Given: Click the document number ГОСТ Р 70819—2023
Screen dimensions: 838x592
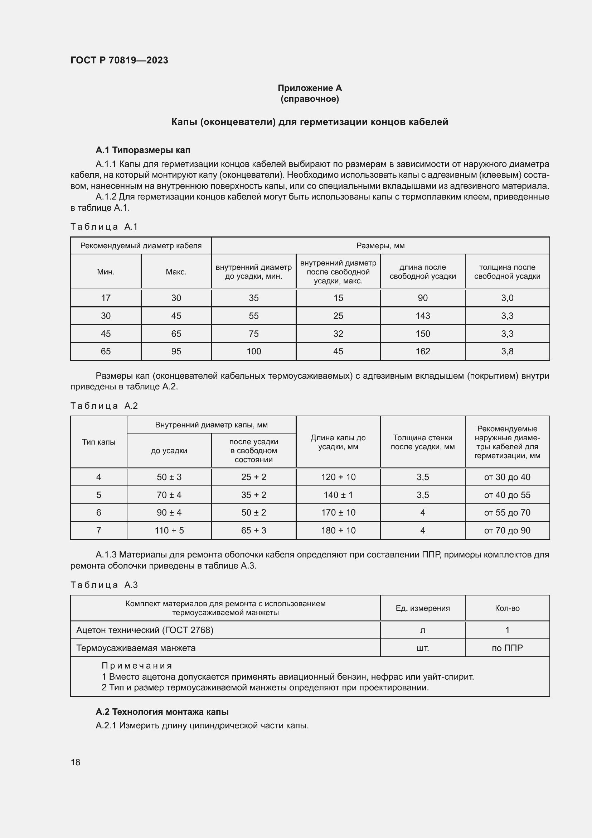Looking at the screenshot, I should pyautogui.click(x=119, y=60).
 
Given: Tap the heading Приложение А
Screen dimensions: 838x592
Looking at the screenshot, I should pyautogui.click(x=310, y=88).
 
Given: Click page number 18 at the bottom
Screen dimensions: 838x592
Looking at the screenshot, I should pyautogui.click(x=76, y=762).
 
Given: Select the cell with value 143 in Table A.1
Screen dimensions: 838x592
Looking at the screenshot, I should pyautogui.click(x=422, y=316).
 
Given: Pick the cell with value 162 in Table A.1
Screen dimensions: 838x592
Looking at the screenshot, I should pyautogui.click(x=422, y=351).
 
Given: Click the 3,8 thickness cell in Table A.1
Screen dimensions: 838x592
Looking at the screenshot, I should pyautogui.click(x=507, y=351).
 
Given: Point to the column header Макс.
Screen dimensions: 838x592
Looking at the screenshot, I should pyautogui.click(x=176, y=272).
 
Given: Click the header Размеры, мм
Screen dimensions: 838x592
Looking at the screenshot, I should pyautogui.click(x=380, y=246).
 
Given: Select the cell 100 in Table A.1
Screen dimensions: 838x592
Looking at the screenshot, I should pyautogui.click(x=253, y=351).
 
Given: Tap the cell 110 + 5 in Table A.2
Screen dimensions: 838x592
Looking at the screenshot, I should pyautogui.click(x=169, y=530).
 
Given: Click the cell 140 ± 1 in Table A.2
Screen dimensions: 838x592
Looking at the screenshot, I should pyautogui.click(x=338, y=495).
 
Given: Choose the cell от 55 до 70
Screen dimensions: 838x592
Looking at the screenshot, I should pyautogui.click(x=507, y=512).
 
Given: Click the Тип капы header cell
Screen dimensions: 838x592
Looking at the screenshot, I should pyautogui.click(x=98, y=442).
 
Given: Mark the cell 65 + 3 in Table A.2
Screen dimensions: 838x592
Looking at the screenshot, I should pyautogui.click(x=253, y=530).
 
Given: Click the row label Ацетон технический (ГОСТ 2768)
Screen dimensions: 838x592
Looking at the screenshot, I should pyautogui.click(x=145, y=630).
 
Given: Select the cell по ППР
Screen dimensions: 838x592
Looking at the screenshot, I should pyautogui.click(x=507, y=648).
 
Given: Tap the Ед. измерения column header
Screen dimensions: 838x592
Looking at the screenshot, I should pyautogui.click(x=422, y=608).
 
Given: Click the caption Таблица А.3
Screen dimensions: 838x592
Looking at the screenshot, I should pyautogui.click(x=104, y=585).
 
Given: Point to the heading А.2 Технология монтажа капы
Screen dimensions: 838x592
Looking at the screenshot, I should pyautogui.click(x=162, y=712).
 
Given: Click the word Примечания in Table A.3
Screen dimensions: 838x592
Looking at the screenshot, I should pyautogui.click(x=137, y=666).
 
